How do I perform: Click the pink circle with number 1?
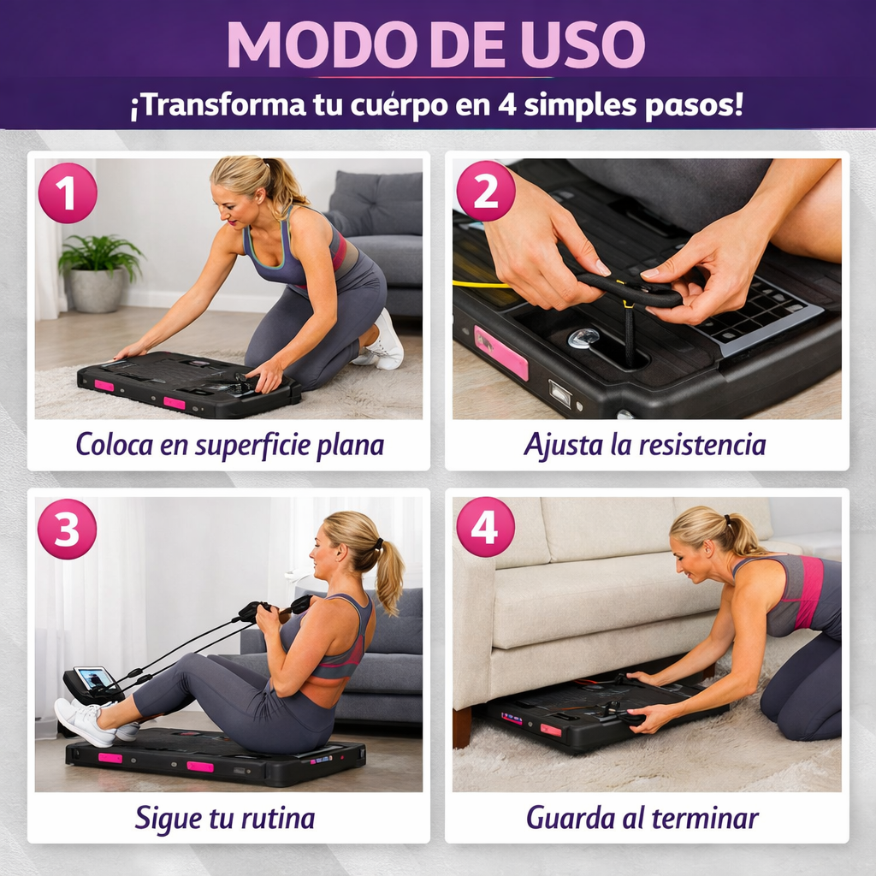tap(68, 193)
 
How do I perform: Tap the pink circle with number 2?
tap(485, 193)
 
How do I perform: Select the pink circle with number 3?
tap(68, 530)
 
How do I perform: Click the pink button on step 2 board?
tap(501, 352)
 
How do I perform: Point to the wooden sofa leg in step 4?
tap(463, 726)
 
